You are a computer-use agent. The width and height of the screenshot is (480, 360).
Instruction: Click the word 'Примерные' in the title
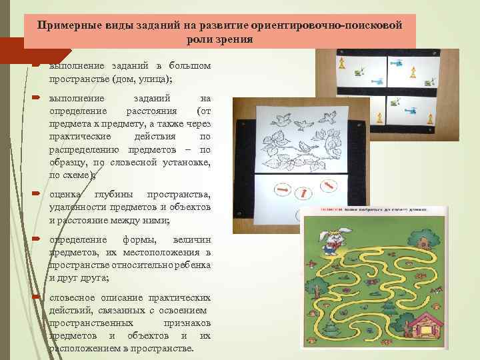[67, 25]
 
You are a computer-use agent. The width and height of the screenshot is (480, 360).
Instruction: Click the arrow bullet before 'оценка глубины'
[37, 194]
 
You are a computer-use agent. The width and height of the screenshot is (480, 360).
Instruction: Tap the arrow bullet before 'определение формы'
[37, 239]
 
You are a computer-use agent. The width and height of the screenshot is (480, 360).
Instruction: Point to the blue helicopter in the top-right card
[398, 65]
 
